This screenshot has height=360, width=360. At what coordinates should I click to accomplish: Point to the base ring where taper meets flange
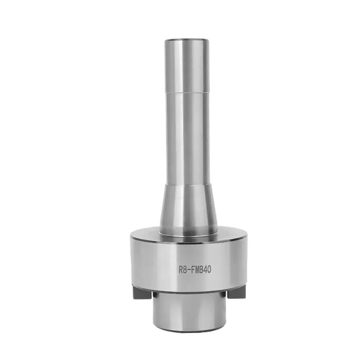click(x=187, y=235)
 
